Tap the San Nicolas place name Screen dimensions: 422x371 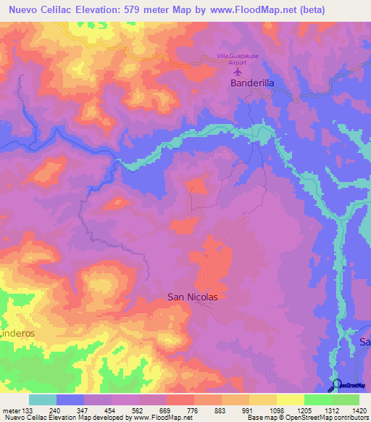[x=193, y=297]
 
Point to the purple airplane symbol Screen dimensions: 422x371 [x=238, y=72]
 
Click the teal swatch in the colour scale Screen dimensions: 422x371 [x=42, y=400]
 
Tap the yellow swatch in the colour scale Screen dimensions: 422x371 [x=290, y=400]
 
